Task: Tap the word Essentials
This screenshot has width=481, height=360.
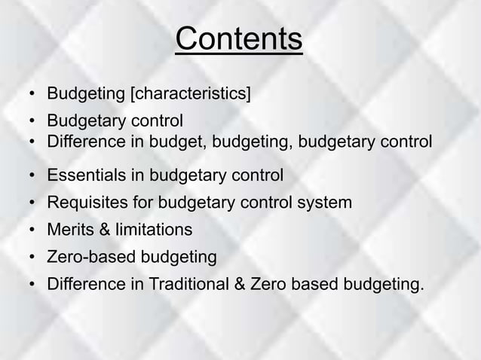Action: point(84,176)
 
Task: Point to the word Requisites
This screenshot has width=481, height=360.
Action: point(84,203)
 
